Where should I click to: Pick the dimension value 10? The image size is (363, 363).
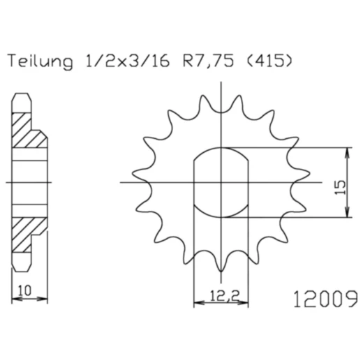pyautogui.click(x=24, y=289)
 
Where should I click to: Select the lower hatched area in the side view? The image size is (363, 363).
pyautogui.click(x=29, y=231)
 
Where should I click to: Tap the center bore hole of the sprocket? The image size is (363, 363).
pyautogui.click(x=221, y=183)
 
